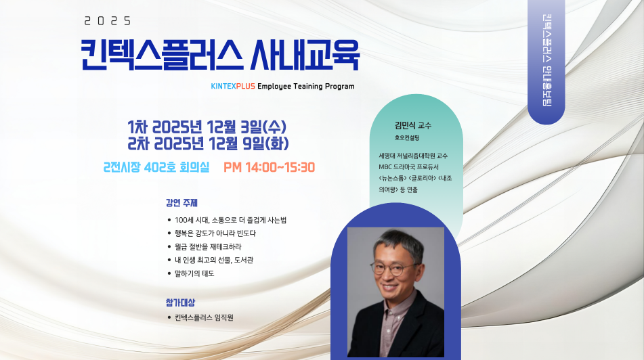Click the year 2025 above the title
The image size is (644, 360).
[x=108, y=20]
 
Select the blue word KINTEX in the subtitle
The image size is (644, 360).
[x=223, y=86]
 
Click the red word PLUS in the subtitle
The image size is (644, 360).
[x=246, y=86]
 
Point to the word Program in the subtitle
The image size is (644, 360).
[x=340, y=86]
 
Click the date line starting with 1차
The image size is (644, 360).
[x=207, y=127]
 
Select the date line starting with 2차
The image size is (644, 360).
[x=208, y=143]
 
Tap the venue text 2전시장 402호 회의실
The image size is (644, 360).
[x=156, y=167]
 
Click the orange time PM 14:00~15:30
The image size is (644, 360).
[x=269, y=167]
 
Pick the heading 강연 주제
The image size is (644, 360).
[x=181, y=203]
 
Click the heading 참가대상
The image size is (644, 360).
[x=180, y=302]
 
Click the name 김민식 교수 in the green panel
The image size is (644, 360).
[x=413, y=126]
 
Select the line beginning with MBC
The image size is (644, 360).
[x=408, y=167]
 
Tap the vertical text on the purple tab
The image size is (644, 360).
[x=546, y=61]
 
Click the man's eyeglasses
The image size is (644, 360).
[x=393, y=269]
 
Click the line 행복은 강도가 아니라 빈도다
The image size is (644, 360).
[x=215, y=233]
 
